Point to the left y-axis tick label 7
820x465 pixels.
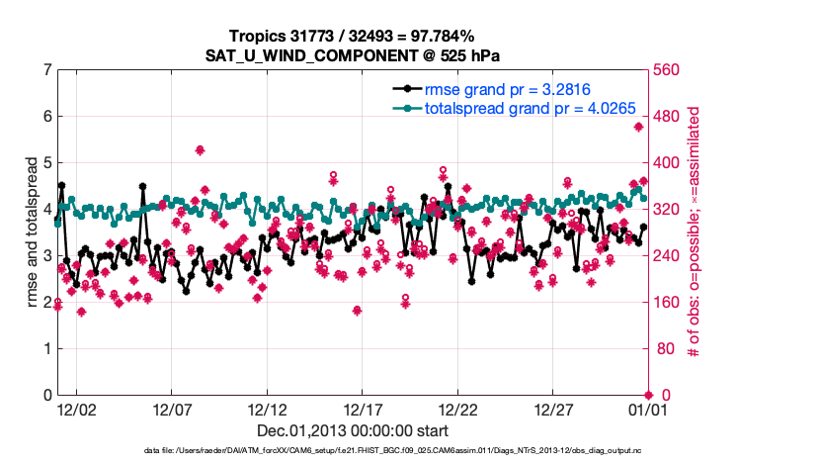[47, 70]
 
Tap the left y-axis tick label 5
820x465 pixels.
[47, 163]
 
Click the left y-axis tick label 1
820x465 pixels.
[47, 349]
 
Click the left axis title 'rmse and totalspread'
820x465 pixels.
[32, 232]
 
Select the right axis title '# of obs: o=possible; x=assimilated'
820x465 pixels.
[695, 232]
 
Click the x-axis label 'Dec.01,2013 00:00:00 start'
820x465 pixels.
[353, 430]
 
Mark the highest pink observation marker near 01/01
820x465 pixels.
[639, 127]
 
